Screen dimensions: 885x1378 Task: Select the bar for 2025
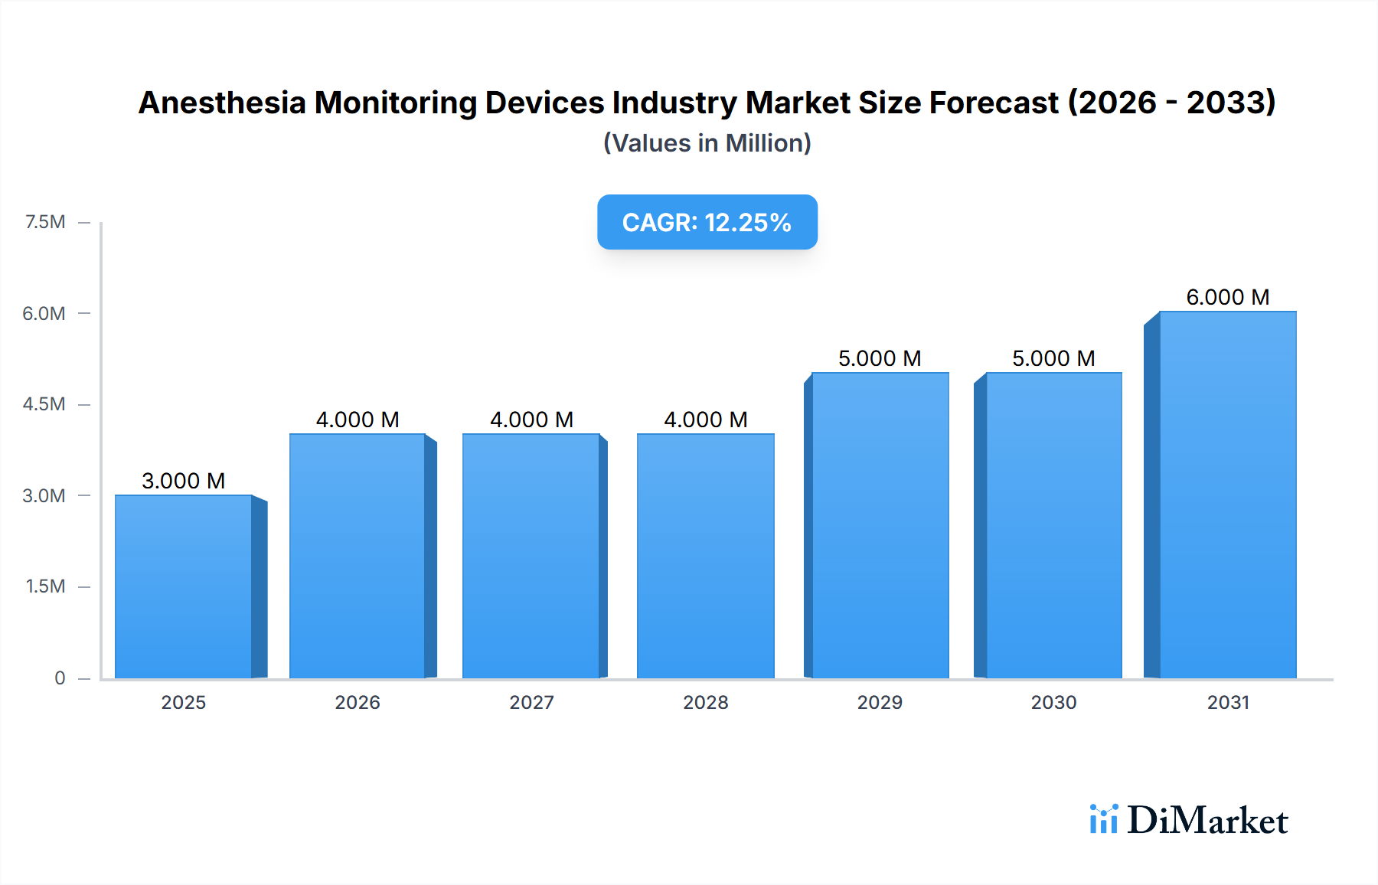tap(184, 586)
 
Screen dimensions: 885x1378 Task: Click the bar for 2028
tap(705, 556)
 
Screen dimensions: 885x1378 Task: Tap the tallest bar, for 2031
tap(1227, 495)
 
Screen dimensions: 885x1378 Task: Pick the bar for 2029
tap(880, 525)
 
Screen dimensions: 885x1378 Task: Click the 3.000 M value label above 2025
tap(184, 481)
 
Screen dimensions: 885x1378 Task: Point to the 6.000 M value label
tap(1227, 297)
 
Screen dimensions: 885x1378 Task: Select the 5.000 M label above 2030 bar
tap(1053, 358)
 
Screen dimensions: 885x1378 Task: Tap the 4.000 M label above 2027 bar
tap(531, 420)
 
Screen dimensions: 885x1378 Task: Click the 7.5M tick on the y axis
tap(45, 222)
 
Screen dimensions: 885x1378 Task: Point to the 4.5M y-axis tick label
tap(44, 404)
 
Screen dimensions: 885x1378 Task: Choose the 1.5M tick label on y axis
tap(45, 586)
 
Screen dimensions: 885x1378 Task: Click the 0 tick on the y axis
tap(60, 678)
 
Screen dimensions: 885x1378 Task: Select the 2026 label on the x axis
tap(358, 702)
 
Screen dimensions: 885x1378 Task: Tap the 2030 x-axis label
tap(1053, 702)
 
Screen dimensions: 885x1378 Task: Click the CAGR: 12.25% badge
tap(707, 222)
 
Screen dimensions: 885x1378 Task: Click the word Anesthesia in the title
tap(222, 103)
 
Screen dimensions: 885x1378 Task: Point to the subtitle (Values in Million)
tap(707, 143)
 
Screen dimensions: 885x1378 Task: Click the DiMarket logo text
tap(1207, 820)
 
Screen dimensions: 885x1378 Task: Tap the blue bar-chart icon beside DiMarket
tap(1103, 819)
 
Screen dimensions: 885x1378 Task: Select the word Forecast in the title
tap(994, 103)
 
